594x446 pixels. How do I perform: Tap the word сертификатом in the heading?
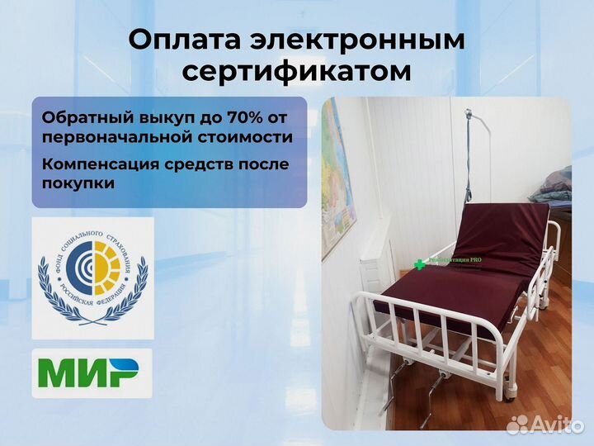pyautogui.click(x=296, y=72)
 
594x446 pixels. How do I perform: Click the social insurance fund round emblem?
pyautogui.click(x=92, y=278)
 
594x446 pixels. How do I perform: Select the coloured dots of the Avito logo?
pyautogui.click(x=516, y=425)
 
